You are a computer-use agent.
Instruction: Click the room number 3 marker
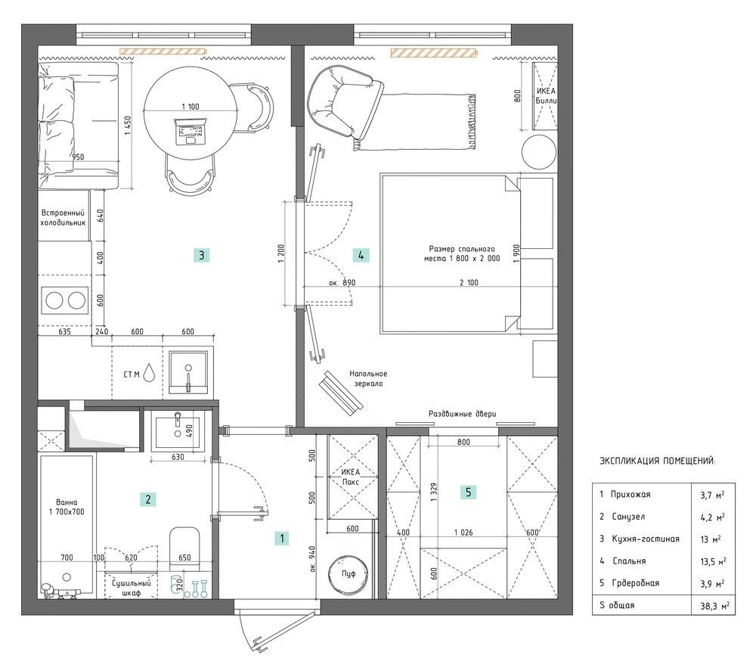click(202, 255)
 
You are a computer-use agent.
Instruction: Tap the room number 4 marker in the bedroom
click(361, 255)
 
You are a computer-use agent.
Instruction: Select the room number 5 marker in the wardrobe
click(468, 492)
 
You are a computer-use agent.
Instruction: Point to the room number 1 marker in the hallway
click(281, 539)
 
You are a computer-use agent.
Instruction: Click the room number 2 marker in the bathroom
click(148, 499)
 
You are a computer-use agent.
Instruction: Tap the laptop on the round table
click(190, 131)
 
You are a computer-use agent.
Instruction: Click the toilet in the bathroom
click(184, 548)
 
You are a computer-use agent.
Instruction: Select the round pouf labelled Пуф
click(349, 573)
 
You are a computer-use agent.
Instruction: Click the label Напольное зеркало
click(368, 378)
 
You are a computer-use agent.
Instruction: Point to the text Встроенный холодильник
click(64, 218)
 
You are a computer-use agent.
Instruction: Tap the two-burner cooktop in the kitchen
click(65, 300)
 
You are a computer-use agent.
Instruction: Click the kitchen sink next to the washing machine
click(188, 372)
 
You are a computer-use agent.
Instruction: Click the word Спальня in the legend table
click(629, 561)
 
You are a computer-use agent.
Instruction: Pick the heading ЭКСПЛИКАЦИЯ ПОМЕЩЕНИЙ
click(658, 461)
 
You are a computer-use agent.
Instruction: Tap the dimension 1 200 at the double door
click(281, 253)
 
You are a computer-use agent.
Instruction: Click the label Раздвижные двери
click(463, 414)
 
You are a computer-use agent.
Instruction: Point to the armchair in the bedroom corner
click(343, 102)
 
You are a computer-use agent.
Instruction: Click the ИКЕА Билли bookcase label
click(546, 95)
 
